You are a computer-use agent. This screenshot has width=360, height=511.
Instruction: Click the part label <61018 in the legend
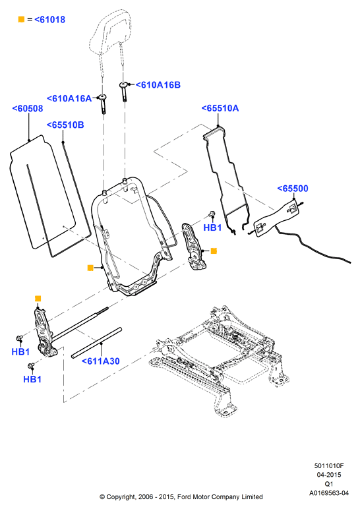(x=50, y=20)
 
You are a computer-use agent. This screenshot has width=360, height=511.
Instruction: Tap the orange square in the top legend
(x=21, y=19)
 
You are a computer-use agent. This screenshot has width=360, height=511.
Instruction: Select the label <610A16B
(x=158, y=85)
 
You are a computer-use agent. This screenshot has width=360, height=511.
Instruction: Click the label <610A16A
(x=69, y=98)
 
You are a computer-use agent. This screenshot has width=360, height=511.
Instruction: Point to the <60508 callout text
(x=28, y=109)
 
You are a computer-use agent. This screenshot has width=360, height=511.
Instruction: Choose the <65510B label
(x=65, y=125)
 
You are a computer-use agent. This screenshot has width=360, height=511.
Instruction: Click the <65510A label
(x=220, y=108)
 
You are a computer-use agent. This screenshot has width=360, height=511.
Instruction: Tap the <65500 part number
(x=293, y=189)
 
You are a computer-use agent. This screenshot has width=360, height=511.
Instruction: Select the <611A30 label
(x=101, y=361)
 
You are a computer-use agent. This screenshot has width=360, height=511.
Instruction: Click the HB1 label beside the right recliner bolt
(x=212, y=227)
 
